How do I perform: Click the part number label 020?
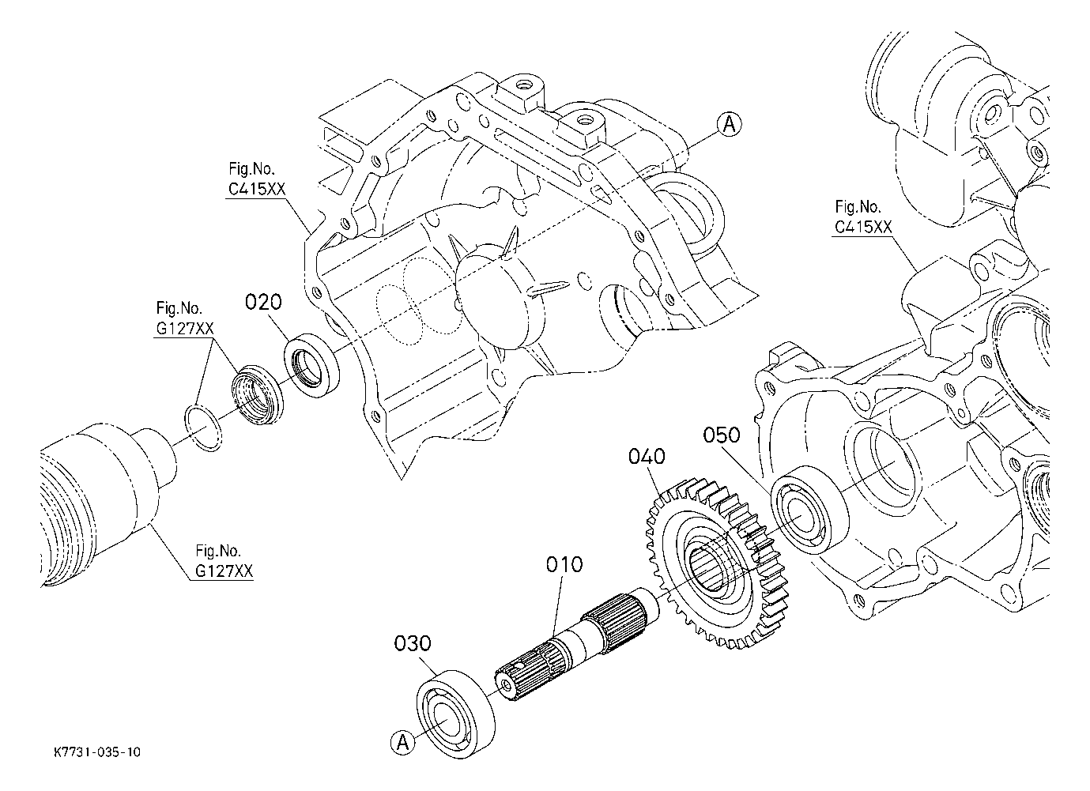coord(263,302)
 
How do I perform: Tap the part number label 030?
coord(413,643)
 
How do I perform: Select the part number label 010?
coord(564,565)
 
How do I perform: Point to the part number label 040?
coord(647,457)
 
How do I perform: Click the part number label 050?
coord(722,435)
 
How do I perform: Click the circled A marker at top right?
coord(730,125)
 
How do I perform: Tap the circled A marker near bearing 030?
coord(403,743)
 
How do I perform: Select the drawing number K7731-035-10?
coord(97,752)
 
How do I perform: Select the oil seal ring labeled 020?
coord(311,366)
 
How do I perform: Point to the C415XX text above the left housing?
coord(257,189)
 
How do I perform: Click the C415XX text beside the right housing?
coord(863,227)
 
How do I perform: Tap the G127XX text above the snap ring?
coord(185,329)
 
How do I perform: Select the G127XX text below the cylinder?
coord(224,571)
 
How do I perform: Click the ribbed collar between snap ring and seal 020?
coord(257,394)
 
